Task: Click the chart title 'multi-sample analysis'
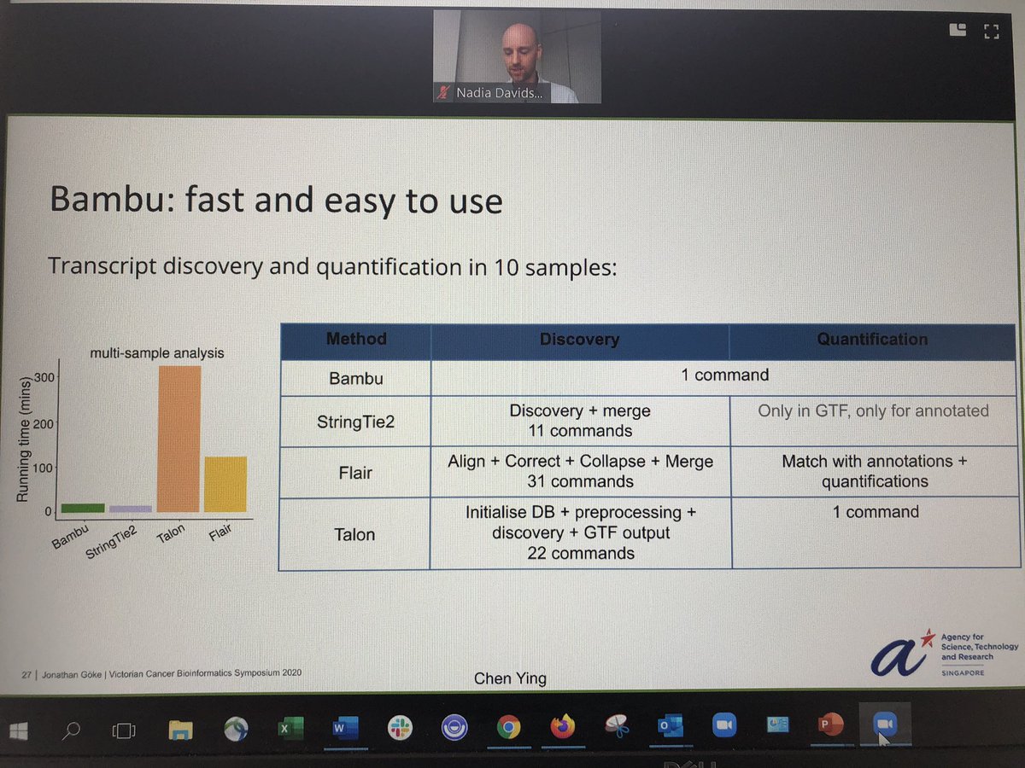[x=158, y=352]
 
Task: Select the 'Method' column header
[x=356, y=340]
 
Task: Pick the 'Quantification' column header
[x=872, y=340]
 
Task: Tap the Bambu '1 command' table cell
[x=725, y=375]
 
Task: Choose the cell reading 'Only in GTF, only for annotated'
[x=873, y=410]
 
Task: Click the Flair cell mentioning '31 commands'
[x=580, y=471]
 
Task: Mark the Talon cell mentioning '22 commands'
[x=580, y=532]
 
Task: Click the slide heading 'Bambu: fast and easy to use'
[x=276, y=201]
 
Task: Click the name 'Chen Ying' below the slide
[x=510, y=679]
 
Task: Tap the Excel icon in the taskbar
[x=288, y=728]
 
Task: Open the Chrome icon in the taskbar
[x=507, y=728]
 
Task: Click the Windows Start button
[x=20, y=730]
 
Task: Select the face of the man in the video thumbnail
[x=521, y=48]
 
